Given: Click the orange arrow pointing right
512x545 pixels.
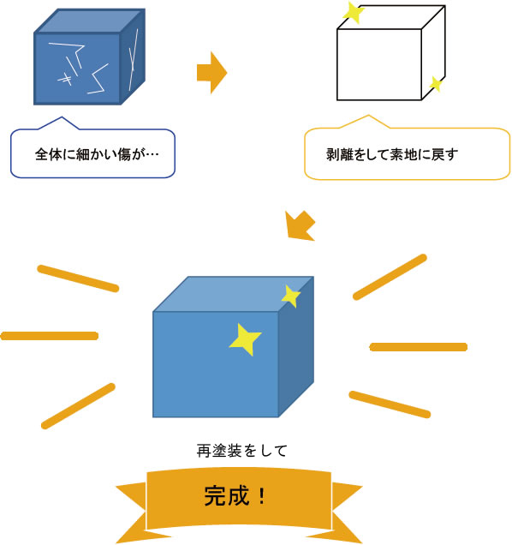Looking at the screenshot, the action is click(211, 73).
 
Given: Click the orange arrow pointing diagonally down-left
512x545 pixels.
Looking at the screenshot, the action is click(300, 226).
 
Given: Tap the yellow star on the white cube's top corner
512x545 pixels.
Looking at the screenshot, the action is click(354, 13).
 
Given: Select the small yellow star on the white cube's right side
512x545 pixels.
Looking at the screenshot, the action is click(435, 84).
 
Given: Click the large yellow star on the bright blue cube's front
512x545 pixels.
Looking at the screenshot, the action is click(246, 339).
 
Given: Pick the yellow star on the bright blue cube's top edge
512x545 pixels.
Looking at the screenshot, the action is click(291, 296).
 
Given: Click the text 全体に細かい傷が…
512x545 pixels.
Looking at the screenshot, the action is click(97, 154).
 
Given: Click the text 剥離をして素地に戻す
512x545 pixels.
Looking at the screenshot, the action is click(392, 154).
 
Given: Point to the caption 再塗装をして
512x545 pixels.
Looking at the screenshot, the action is click(242, 451).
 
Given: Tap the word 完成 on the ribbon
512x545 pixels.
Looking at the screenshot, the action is click(227, 495).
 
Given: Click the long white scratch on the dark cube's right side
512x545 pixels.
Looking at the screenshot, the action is click(133, 60).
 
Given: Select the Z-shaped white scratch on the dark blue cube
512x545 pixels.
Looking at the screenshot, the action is click(98, 79).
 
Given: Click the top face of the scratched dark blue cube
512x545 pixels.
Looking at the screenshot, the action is click(90, 21).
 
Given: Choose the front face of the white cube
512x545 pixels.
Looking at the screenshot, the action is click(379, 64).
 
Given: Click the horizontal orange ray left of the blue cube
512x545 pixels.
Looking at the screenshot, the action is click(50, 336).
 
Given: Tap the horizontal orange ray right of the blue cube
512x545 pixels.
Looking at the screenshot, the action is click(418, 347).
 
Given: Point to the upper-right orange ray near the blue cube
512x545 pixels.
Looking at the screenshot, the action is click(390, 277).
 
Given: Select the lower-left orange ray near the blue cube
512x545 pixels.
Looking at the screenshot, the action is click(78, 406).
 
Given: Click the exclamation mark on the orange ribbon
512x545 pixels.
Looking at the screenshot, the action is click(262, 496).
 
